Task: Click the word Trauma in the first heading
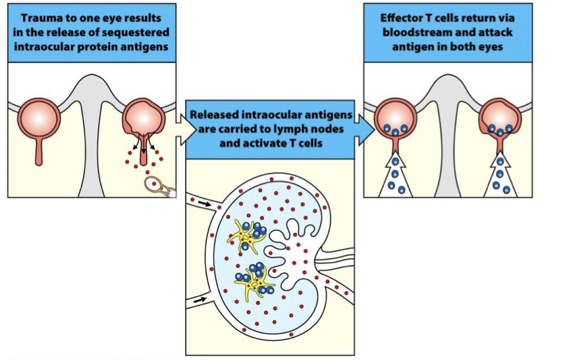pyautogui.click(x=40, y=16)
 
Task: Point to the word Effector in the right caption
pyautogui.click(x=403, y=16)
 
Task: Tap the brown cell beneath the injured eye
pyautogui.click(x=157, y=186)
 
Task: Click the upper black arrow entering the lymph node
pyautogui.click(x=205, y=204)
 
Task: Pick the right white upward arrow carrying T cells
pyautogui.click(x=501, y=174)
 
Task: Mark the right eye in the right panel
pyautogui.click(x=500, y=118)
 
